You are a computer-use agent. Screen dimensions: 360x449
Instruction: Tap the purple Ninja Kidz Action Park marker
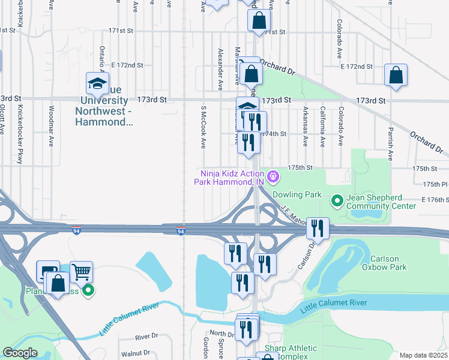(273, 176)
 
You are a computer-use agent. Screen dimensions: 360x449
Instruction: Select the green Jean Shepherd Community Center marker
(337, 200)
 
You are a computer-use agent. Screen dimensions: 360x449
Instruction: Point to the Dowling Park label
(297, 195)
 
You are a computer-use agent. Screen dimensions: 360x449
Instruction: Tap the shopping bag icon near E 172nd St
(396, 76)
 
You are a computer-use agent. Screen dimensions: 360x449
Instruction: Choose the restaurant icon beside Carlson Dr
(318, 228)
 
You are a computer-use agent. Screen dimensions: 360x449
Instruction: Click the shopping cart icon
(81, 272)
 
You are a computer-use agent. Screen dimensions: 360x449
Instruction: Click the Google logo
(20, 353)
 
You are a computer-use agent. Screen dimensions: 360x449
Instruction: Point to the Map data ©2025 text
(423, 355)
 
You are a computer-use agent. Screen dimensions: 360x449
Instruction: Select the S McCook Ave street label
(203, 128)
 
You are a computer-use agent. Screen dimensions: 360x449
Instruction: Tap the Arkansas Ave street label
(306, 127)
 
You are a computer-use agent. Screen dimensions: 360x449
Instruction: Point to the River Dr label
(146, 337)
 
